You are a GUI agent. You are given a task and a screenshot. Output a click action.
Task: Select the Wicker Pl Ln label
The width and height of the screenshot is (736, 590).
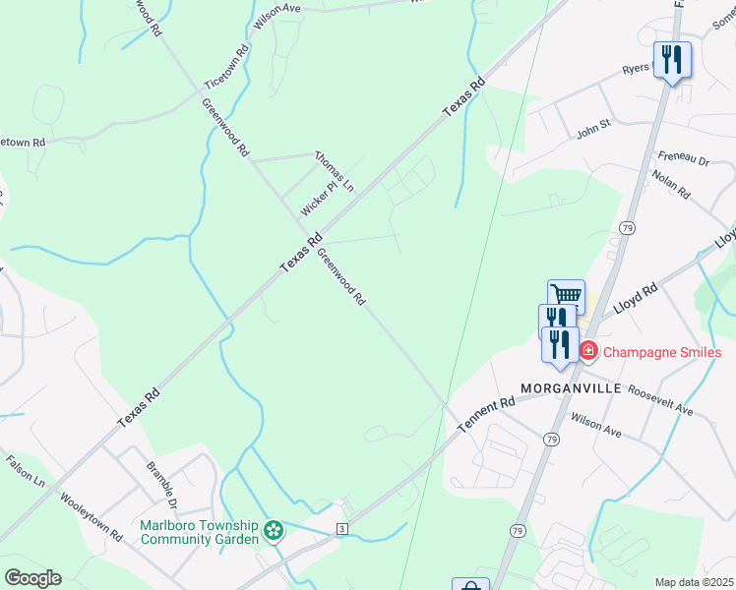pos(327,199)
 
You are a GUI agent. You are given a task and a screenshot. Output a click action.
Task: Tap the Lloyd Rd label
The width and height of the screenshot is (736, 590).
pos(635,299)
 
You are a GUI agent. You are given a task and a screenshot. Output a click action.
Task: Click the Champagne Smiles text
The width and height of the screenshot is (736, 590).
pos(662,352)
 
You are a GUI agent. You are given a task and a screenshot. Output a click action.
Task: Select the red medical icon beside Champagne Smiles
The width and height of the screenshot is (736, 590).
pos(588,350)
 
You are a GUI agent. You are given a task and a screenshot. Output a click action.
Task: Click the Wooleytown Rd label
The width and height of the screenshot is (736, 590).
pos(90,515)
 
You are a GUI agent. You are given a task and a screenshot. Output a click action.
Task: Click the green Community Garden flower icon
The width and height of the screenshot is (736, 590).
pos(274,533)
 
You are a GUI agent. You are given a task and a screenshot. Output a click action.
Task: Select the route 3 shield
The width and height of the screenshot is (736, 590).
pos(341,530)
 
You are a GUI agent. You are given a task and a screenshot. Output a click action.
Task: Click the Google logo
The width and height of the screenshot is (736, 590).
pos(32,578)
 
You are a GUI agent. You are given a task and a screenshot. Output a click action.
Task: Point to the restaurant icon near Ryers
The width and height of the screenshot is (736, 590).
pos(672,60)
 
